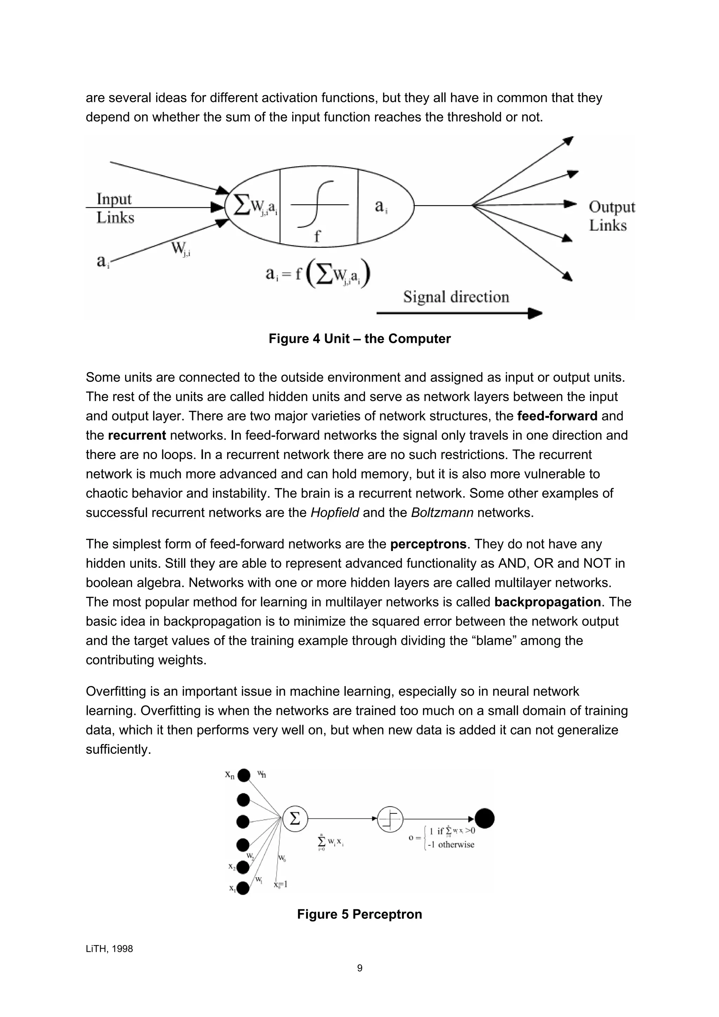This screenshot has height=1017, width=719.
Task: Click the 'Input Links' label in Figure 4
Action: [114, 208]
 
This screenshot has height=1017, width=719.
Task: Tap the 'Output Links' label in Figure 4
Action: [611, 216]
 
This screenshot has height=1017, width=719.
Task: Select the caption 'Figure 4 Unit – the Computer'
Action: [359, 339]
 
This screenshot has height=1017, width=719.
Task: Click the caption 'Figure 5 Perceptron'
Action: [359, 914]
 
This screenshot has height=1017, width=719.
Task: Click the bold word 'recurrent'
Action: [137, 436]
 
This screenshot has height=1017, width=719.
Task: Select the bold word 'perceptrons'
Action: [428, 544]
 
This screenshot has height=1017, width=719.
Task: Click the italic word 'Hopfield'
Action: [335, 512]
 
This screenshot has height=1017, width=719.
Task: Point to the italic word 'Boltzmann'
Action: [442, 512]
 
